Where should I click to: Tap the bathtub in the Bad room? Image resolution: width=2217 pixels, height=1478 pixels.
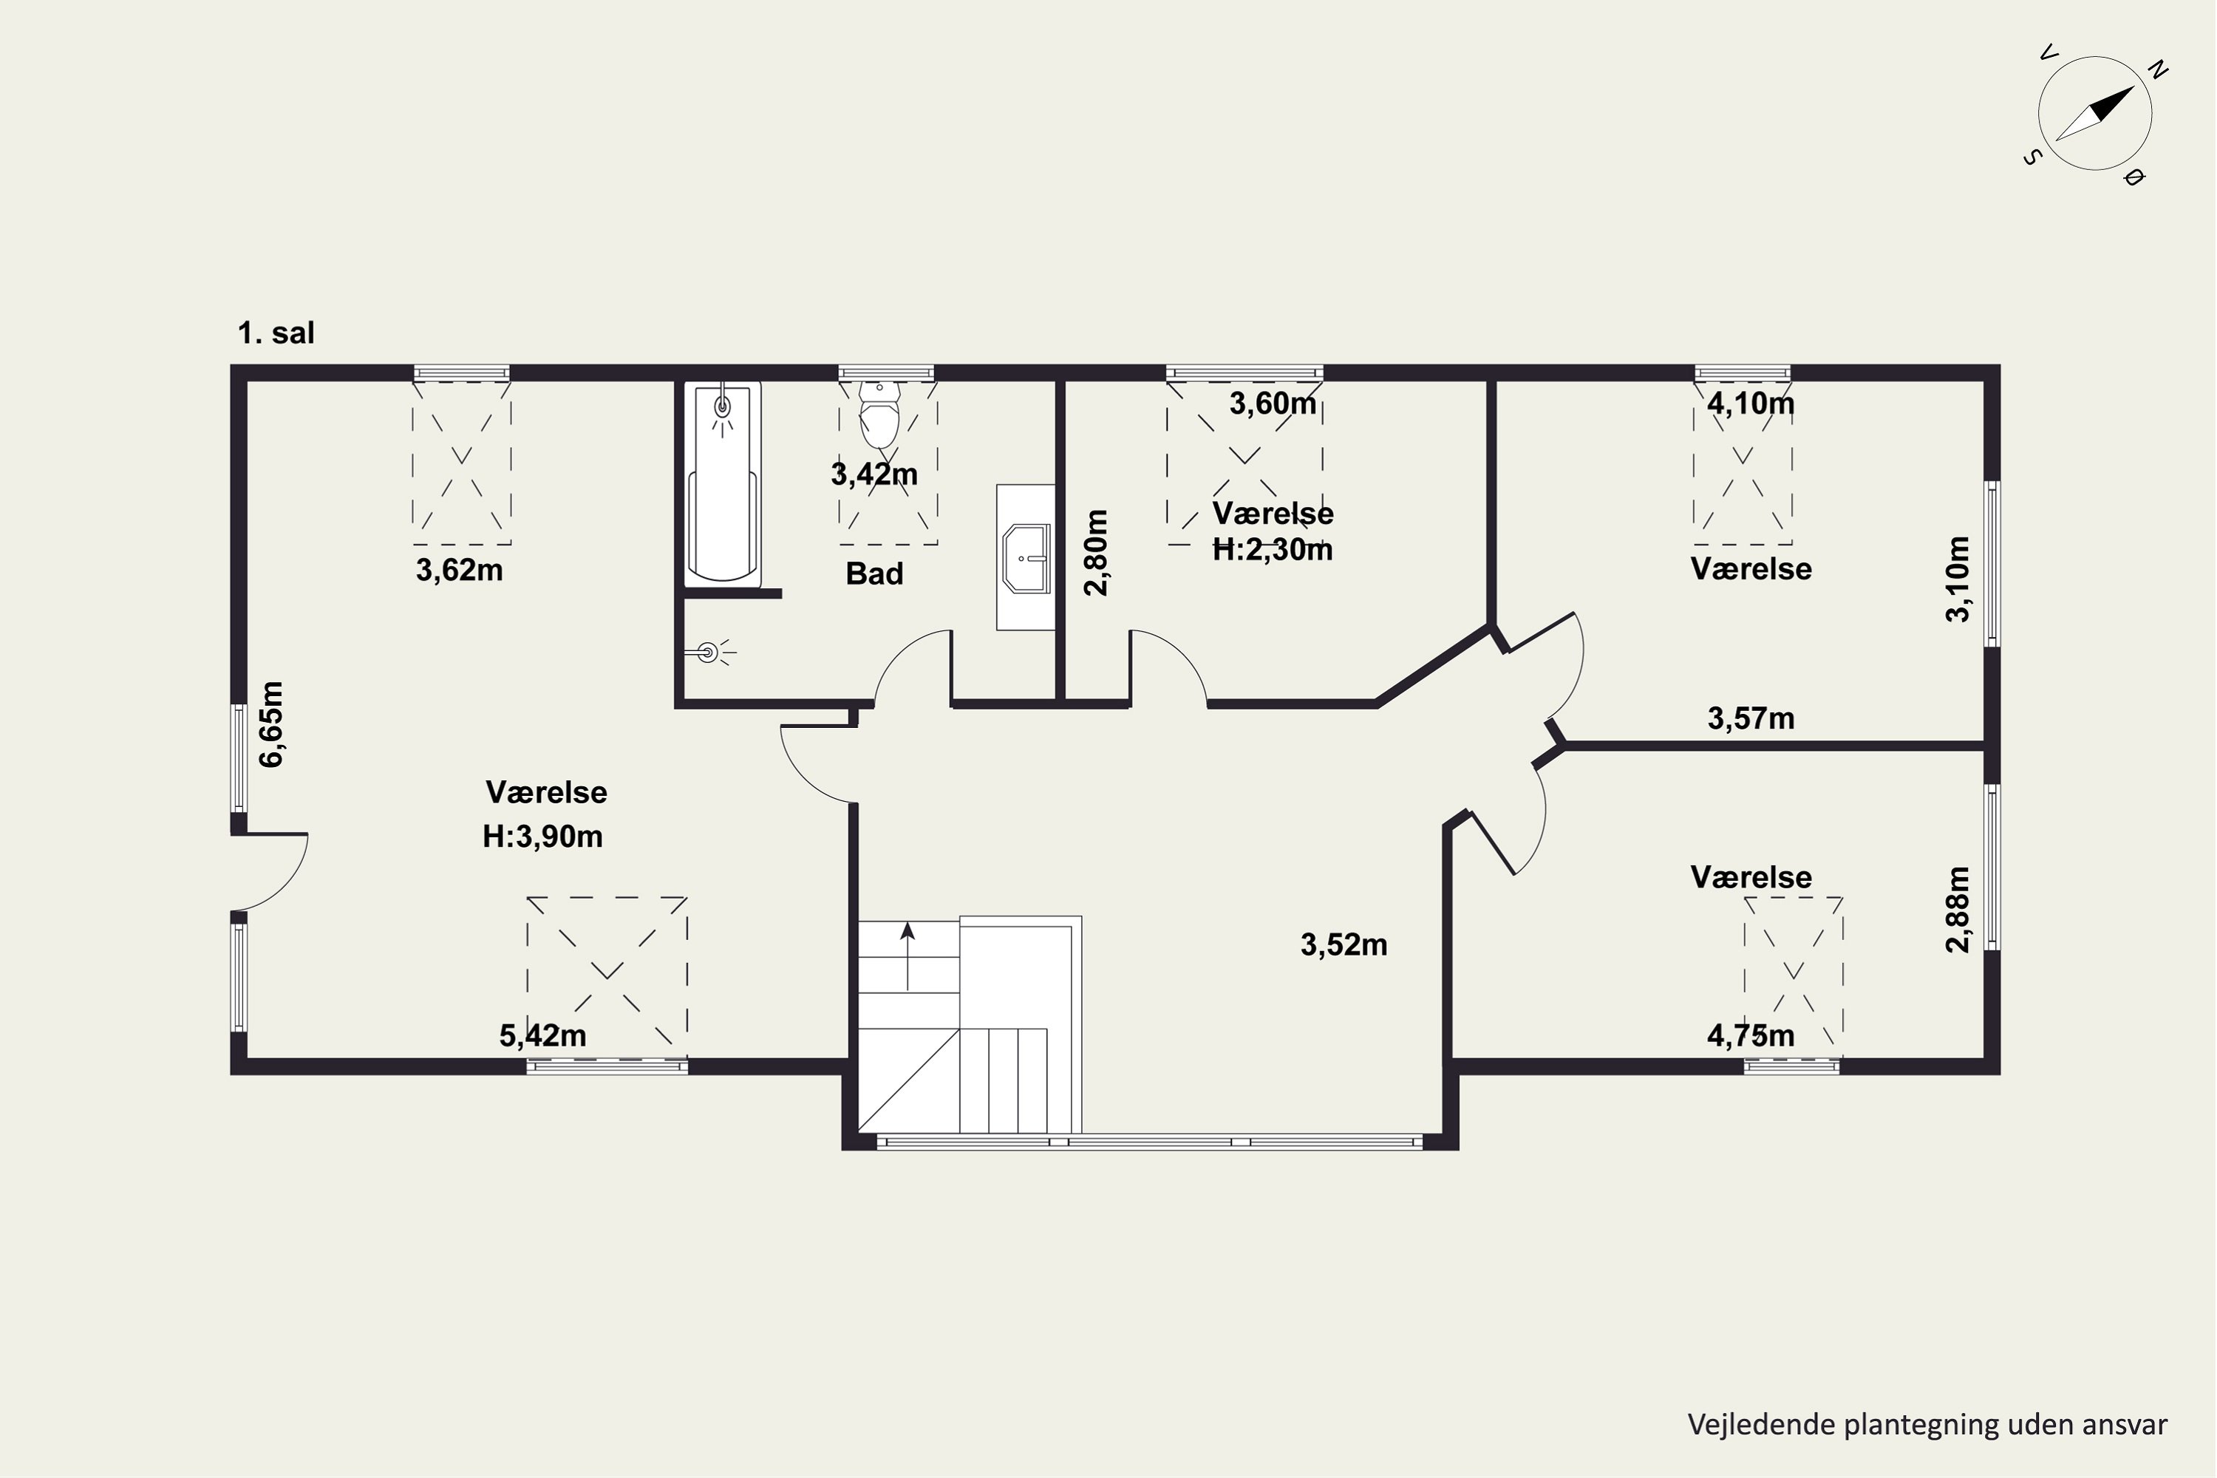coord(722,483)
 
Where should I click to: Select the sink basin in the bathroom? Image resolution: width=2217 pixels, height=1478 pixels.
coord(1026,558)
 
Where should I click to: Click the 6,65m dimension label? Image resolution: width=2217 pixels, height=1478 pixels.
coord(271,724)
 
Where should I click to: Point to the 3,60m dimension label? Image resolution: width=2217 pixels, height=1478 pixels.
coord(1273,403)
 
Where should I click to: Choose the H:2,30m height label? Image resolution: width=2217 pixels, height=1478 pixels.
coord(1273,550)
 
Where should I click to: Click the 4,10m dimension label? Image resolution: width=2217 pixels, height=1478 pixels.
coord(1751,403)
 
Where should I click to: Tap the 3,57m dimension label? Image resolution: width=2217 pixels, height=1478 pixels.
coord(1751,719)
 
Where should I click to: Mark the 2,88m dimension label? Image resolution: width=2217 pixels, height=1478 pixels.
coord(1957,910)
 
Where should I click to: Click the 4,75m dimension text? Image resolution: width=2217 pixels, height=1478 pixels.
coord(1751,1036)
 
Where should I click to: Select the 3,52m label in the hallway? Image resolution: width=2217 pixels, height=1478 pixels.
coord(1344,944)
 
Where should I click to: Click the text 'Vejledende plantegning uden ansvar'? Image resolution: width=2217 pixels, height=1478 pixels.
coord(1927,1424)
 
